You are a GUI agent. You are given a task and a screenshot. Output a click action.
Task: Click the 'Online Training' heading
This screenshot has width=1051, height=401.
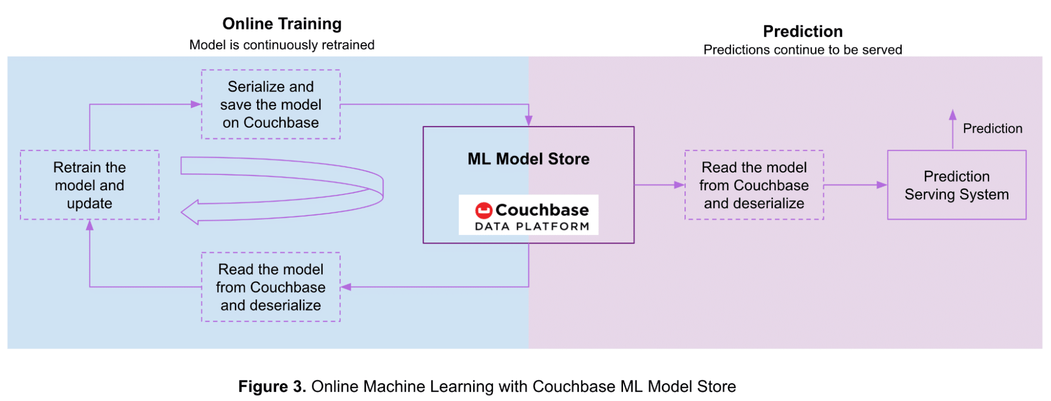[x=282, y=24]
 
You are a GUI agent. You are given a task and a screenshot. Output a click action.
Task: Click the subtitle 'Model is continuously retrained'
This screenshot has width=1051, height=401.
[x=282, y=45]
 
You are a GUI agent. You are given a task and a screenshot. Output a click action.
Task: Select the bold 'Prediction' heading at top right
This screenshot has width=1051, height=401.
[x=802, y=32]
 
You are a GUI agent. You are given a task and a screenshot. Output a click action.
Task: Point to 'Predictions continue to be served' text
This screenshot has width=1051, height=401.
[x=802, y=50]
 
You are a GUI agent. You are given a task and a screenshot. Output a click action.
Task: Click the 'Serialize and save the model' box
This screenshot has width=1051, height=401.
[x=271, y=105]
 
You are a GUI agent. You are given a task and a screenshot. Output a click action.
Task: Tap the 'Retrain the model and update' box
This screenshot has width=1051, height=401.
[x=89, y=185]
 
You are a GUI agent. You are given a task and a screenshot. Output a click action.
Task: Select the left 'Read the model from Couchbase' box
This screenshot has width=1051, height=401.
[x=271, y=287]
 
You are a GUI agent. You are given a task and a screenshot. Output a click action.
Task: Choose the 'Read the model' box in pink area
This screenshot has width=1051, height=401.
[x=754, y=185]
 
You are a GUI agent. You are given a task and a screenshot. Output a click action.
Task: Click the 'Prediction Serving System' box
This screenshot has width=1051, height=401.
[x=956, y=185]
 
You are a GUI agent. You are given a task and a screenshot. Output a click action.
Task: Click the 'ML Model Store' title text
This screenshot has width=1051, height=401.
[x=528, y=159]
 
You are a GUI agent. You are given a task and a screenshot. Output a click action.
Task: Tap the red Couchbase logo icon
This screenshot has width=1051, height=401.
[x=483, y=210]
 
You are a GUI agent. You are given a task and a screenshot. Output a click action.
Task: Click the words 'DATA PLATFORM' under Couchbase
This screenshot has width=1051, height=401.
[x=532, y=227]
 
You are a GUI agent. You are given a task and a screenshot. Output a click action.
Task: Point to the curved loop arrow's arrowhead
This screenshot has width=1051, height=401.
[x=190, y=212]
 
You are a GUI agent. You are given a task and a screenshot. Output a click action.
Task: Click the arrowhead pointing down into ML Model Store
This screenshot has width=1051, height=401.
[x=528, y=121]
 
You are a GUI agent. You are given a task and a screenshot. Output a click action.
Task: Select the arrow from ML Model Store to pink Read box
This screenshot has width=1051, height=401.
[x=659, y=185]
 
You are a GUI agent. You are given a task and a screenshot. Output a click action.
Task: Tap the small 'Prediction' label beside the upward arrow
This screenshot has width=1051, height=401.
[x=992, y=129]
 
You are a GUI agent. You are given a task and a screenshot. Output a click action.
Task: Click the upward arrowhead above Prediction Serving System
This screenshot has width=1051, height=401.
[x=953, y=115]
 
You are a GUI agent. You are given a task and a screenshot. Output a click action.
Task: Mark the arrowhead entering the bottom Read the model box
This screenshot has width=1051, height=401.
[x=346, y=287]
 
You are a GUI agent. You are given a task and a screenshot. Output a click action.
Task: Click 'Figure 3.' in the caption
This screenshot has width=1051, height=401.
[x=272, y=387]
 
